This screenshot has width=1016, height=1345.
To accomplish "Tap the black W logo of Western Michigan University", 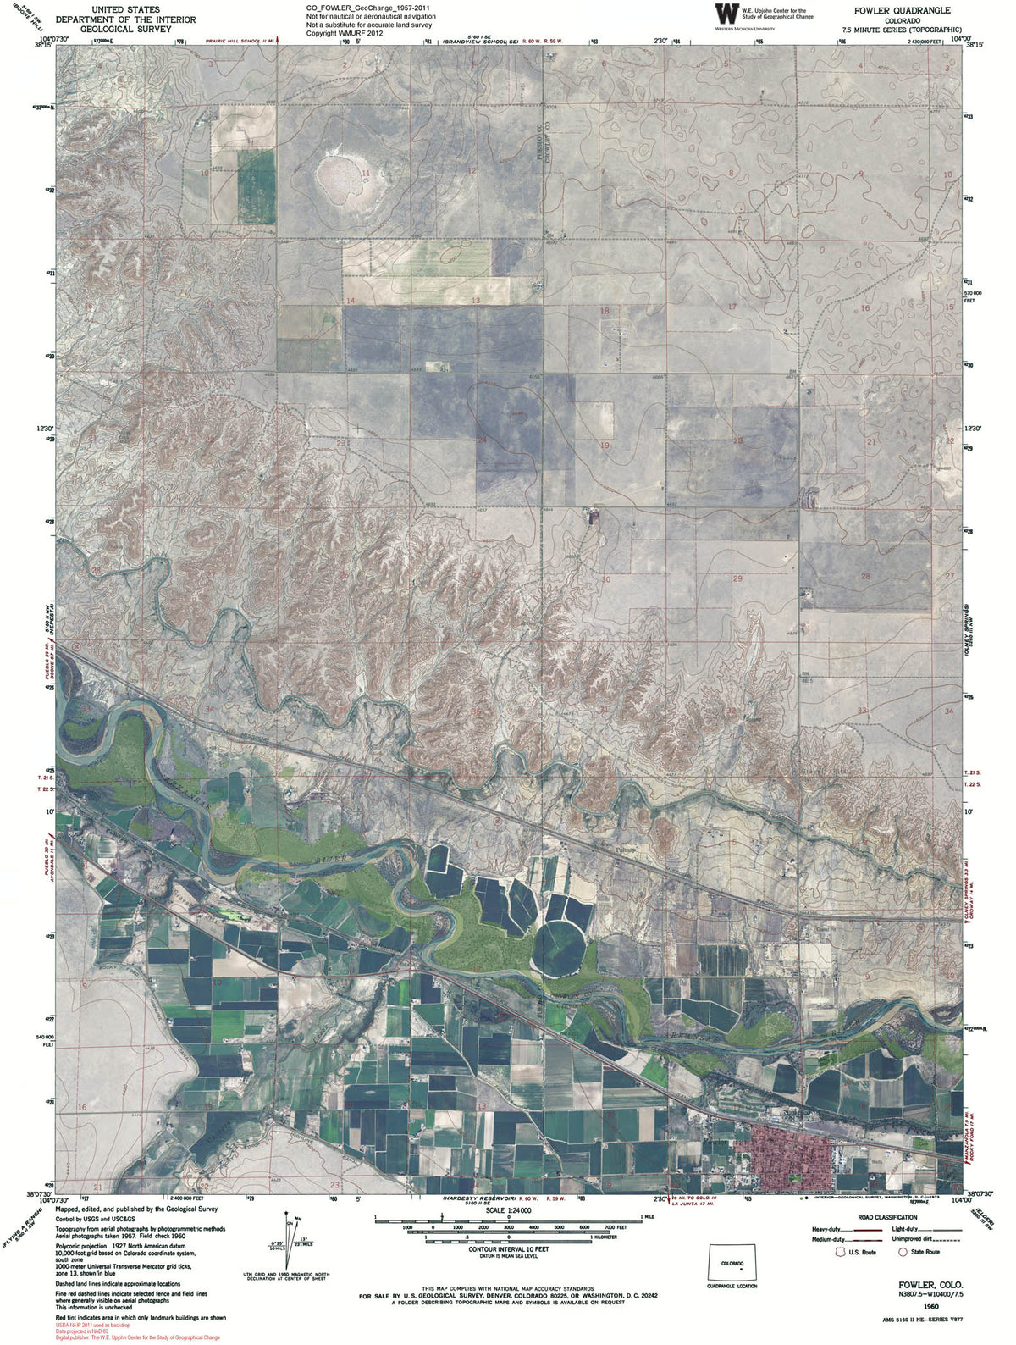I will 726,14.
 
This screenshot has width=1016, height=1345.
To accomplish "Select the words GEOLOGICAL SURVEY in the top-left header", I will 125,29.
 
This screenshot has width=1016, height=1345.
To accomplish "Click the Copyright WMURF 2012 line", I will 345,34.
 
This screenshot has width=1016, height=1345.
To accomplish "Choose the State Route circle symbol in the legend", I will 903,1252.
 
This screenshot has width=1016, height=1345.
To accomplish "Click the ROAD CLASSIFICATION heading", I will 886,1217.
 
